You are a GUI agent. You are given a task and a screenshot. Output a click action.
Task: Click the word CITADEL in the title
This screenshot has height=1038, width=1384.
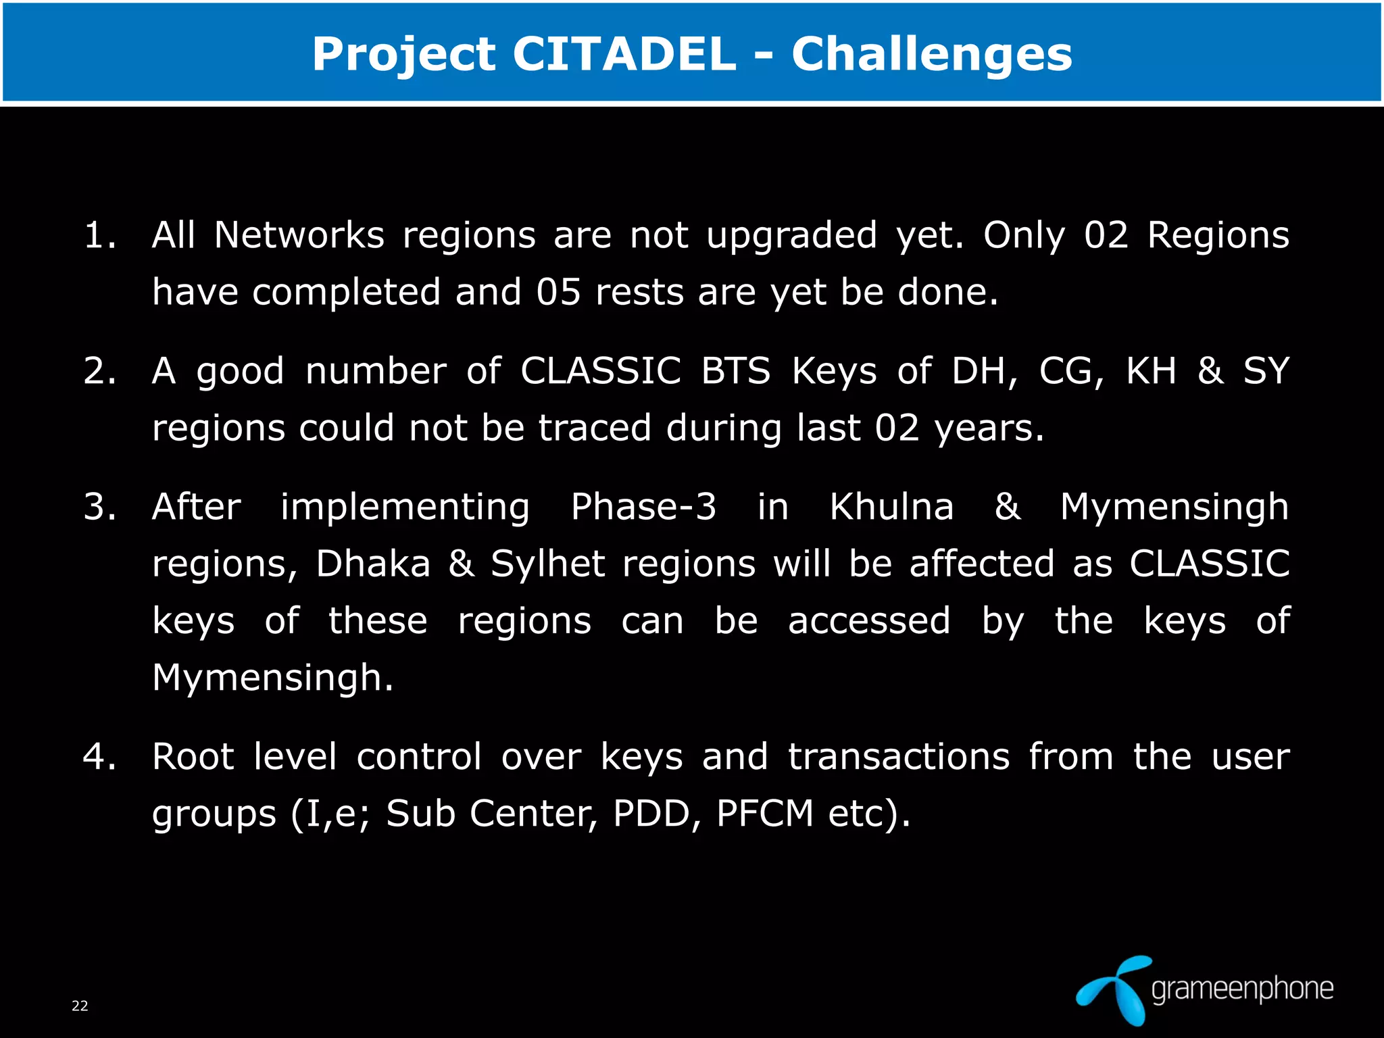point(624,54)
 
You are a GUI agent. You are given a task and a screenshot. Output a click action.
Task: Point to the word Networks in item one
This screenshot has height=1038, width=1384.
point(299,236)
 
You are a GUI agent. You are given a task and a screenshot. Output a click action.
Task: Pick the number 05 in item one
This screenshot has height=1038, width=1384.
point(559,293)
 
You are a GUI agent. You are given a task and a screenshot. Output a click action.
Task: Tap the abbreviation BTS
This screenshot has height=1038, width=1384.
point(735,371)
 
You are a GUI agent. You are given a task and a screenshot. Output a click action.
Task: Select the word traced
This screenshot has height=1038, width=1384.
point(595,428)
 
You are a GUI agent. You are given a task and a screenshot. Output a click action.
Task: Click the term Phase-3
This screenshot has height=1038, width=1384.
point(643,507)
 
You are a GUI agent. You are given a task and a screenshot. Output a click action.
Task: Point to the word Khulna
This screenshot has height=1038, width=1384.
point(891,507)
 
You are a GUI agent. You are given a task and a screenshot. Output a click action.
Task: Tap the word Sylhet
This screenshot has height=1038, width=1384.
point(547,564)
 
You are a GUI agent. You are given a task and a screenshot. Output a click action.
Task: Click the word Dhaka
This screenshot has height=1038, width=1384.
point(373,564)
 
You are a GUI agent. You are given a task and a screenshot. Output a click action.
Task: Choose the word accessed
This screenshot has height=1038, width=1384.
point(869,620)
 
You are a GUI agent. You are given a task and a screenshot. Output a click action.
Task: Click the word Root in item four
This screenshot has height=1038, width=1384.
point(193,756)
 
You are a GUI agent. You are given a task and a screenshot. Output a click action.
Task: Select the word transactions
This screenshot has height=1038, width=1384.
point(899,756)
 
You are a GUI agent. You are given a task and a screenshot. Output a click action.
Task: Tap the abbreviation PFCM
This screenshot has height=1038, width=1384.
point(764,813)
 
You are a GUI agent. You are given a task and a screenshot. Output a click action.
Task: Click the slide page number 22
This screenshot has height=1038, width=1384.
point(80,1006)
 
